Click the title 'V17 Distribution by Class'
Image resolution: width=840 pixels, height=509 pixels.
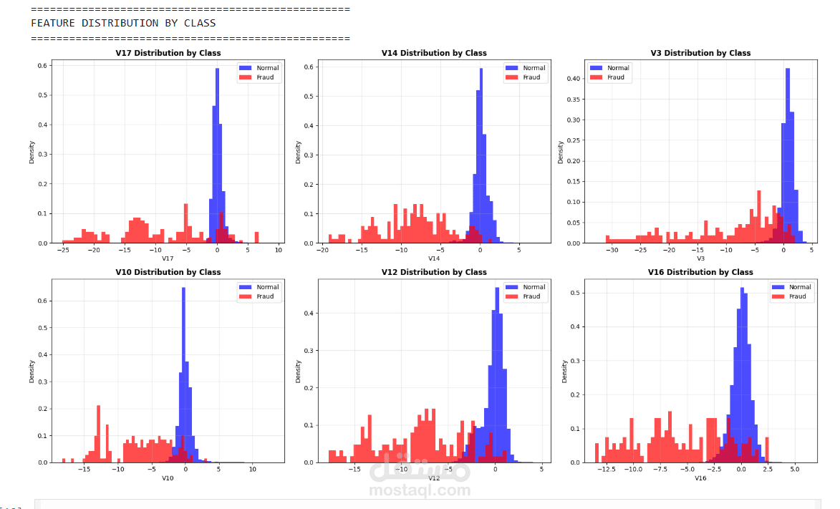point(168,53)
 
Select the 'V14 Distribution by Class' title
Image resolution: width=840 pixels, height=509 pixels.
point(434,53)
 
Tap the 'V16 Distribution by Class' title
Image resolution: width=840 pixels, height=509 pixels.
point(700,272)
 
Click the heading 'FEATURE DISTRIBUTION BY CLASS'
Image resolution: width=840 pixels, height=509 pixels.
point(123,23)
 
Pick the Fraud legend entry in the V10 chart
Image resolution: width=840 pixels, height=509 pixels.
point(259,296)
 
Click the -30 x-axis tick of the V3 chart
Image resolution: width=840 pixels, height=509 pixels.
point(612,251)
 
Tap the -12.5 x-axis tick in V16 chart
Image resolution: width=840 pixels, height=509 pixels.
point(606,470)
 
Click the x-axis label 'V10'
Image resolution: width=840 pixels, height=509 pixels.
point(168,478)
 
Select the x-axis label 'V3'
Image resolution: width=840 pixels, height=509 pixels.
point(700,258)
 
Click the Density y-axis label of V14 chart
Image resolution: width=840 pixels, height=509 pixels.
point(298,152)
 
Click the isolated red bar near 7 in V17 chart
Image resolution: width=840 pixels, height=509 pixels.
point(256,238)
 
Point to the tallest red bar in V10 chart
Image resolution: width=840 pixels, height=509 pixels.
point(98,433)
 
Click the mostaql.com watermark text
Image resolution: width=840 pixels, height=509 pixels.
point(420,491)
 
